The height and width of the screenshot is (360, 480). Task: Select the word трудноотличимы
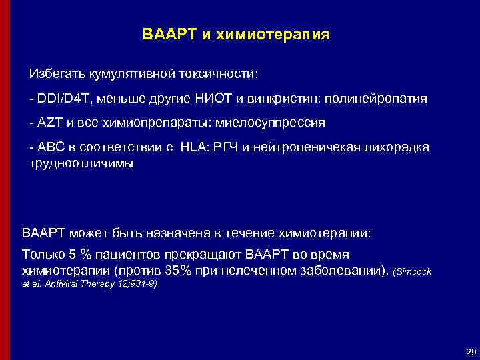coord(81,162)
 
